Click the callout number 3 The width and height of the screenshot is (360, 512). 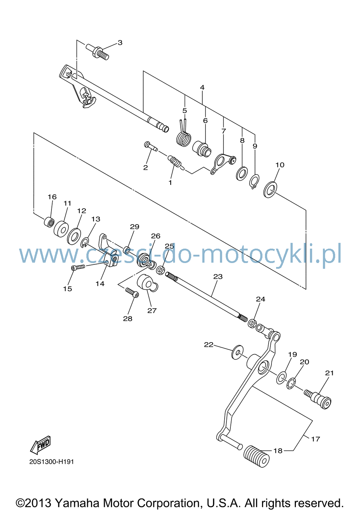(x=120, y=42)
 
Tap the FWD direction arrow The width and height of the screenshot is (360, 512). (x=40, y=445)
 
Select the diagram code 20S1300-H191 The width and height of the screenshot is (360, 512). (x=51, y=462)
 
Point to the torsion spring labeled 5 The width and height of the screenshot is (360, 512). (x=184, y=135)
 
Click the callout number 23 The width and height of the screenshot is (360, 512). (x=218, y=277)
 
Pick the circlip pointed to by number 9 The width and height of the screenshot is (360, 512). (x=254, y=181)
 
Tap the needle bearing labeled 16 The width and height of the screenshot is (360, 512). (x=49, y=222)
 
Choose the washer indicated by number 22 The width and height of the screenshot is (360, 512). (x=237, y=352)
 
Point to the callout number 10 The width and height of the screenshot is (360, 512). (x=280, y=165)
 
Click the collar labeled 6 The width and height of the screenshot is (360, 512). (x=202, y=149)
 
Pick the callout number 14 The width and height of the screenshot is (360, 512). (x=100, y=284)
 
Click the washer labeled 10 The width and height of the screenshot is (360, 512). (x=270, y=189)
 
